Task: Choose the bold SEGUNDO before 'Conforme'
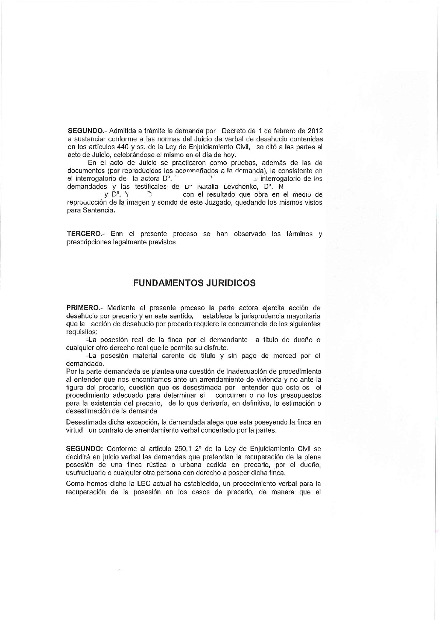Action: tap(84, 449)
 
